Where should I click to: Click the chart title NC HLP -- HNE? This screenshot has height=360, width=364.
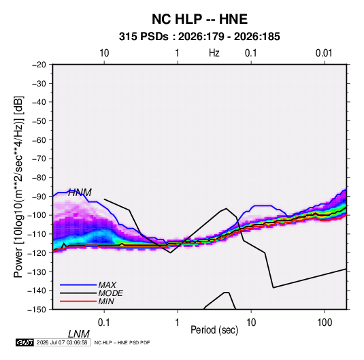tap(199, 19)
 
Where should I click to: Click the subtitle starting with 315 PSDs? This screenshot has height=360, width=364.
tap(199, 37)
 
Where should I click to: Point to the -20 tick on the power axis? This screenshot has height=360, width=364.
tap(39, 65)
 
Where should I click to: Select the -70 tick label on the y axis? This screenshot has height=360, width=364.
tap(39, 159)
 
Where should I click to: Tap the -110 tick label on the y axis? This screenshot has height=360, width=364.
tap(37, 234)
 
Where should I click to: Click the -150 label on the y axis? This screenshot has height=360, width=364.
tap(37, 310)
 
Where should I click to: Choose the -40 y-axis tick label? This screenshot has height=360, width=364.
tap(39, 102)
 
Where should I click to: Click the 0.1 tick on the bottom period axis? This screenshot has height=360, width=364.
tap(104, 323)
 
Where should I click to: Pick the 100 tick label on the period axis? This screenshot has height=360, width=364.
tap(325, 323)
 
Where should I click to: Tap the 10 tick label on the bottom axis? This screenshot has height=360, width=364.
tap(251, 323)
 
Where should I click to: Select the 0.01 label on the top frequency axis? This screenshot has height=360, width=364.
tap(324, 53)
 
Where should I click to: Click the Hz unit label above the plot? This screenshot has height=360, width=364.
tap(214, 53)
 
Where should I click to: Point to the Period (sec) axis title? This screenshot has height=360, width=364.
tap(214, 330)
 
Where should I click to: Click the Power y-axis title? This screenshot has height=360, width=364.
tap(18, 187)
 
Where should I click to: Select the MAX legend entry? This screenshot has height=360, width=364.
tap(107, 285)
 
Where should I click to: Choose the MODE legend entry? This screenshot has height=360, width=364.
tap(110, 293)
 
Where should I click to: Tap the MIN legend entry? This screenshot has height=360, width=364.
tap(106, 301)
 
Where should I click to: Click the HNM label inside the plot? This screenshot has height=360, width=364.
tap(80, 193)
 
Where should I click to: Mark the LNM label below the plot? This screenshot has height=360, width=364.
tap(79, 334)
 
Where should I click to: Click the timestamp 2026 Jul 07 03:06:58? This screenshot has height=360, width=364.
tap(62, 342)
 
